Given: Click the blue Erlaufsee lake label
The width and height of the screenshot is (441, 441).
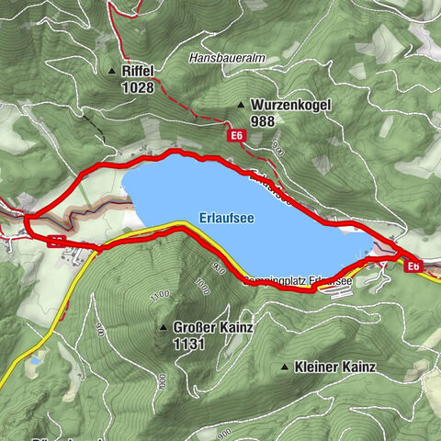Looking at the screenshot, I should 225,219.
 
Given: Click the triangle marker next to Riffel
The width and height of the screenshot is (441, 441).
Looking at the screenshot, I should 112,71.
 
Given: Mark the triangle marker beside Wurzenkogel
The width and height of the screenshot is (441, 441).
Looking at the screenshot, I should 242,106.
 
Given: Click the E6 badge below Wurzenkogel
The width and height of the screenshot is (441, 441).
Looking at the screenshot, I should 237,136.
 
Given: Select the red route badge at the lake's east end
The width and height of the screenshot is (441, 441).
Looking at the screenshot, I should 413,266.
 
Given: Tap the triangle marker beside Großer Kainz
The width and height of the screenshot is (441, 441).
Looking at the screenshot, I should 164,327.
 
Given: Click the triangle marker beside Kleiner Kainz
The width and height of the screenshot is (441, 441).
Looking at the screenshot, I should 284,367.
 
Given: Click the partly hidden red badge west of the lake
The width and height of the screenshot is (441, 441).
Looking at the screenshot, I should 56,242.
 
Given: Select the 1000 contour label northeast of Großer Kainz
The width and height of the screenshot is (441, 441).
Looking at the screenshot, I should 203,288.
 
